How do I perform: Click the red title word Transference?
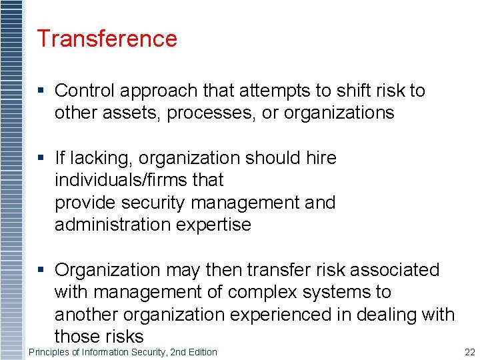click(x=107, y=39)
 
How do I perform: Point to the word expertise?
click(x=217, y=225)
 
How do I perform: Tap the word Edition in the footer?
click(x=201, y=352)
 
